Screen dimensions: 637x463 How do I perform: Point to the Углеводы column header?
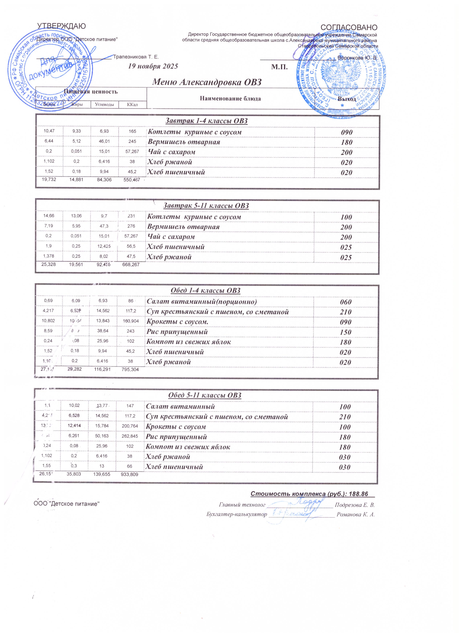105,105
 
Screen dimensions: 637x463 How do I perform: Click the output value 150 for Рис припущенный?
345,332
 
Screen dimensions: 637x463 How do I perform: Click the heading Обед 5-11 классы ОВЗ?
205,395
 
